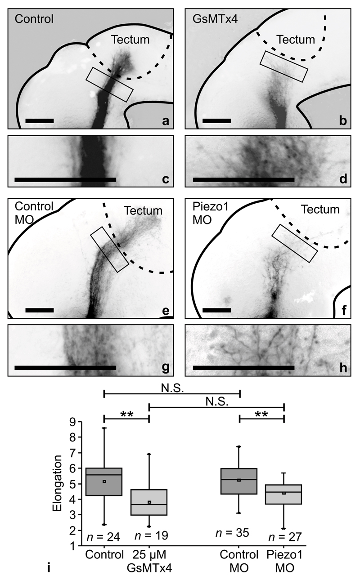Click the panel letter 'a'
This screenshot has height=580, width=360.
(166, 120)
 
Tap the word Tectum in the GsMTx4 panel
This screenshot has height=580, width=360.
(296, 40)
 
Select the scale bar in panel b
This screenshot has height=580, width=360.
(216, 120)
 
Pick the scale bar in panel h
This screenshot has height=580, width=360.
(243, 368)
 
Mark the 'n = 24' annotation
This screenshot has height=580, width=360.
(103, 537)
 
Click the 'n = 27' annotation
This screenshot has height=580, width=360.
(285, 537)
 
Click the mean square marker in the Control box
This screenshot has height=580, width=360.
(104, 482)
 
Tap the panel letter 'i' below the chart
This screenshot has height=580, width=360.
(49, 569)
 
